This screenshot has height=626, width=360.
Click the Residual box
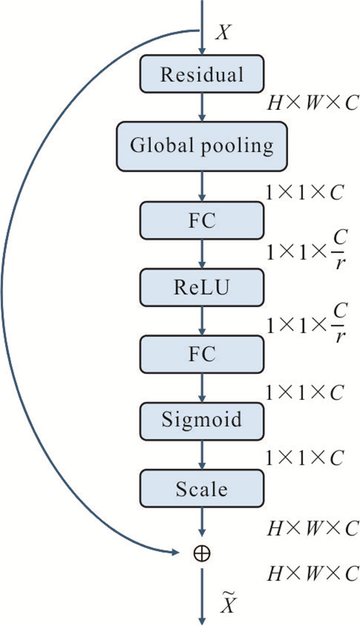click(202, 75)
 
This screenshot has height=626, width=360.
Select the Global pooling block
click(202, 146)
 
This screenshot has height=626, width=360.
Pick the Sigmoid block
click(202, 420)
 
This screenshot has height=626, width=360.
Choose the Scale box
click(202, 489)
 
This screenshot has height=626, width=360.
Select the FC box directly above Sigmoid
click(202, 353)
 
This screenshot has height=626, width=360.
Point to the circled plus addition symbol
click(202, 553)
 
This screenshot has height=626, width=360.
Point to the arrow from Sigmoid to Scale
click(202, 453)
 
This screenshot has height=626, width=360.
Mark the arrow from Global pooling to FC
click(202, 186)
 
